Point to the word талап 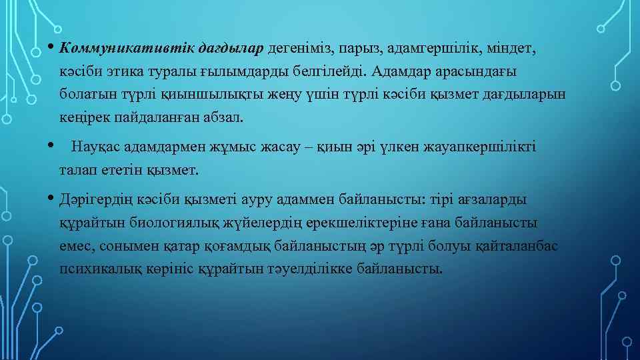[x=77, y=169]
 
